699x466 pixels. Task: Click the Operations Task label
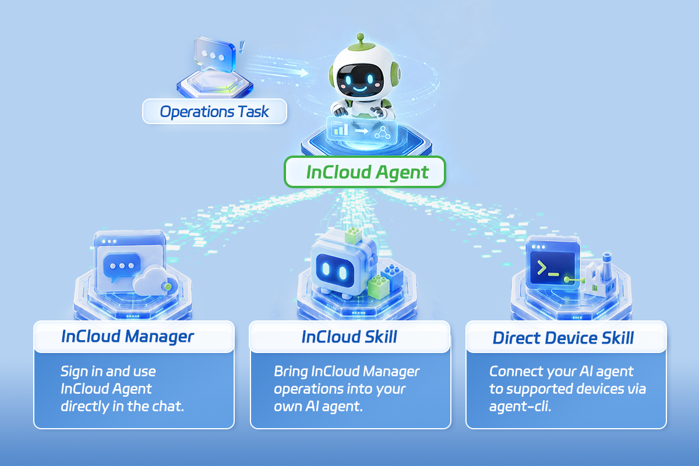coord(214,111)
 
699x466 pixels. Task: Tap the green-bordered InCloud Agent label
coord(365,172)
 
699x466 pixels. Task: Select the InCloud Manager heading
coord(128,337)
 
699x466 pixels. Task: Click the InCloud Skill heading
coord(349,337)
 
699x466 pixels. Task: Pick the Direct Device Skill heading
coord(563,338)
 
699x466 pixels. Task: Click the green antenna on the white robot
coord(361,42)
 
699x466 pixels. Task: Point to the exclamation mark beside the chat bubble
coord(242,47)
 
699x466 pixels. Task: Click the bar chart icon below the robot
coord(340,128)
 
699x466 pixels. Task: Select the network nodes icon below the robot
coord(383,132)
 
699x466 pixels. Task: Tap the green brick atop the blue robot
coord(353,235)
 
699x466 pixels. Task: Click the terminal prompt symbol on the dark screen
coord(548,269)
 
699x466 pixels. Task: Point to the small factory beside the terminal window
coord(600,276)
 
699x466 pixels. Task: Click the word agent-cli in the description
coord(520,407)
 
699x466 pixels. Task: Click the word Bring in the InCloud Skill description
coord(291,372)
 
